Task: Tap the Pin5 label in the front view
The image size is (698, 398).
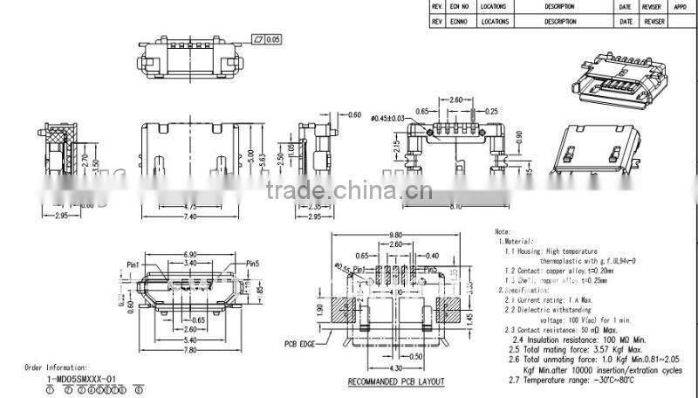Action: pos(254,262)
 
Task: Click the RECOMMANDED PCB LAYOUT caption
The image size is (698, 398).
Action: pos(396,382)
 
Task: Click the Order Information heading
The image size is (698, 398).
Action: pos(56,369)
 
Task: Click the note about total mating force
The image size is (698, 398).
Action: pos(567,348)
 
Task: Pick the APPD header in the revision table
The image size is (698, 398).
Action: pos(681,6)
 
